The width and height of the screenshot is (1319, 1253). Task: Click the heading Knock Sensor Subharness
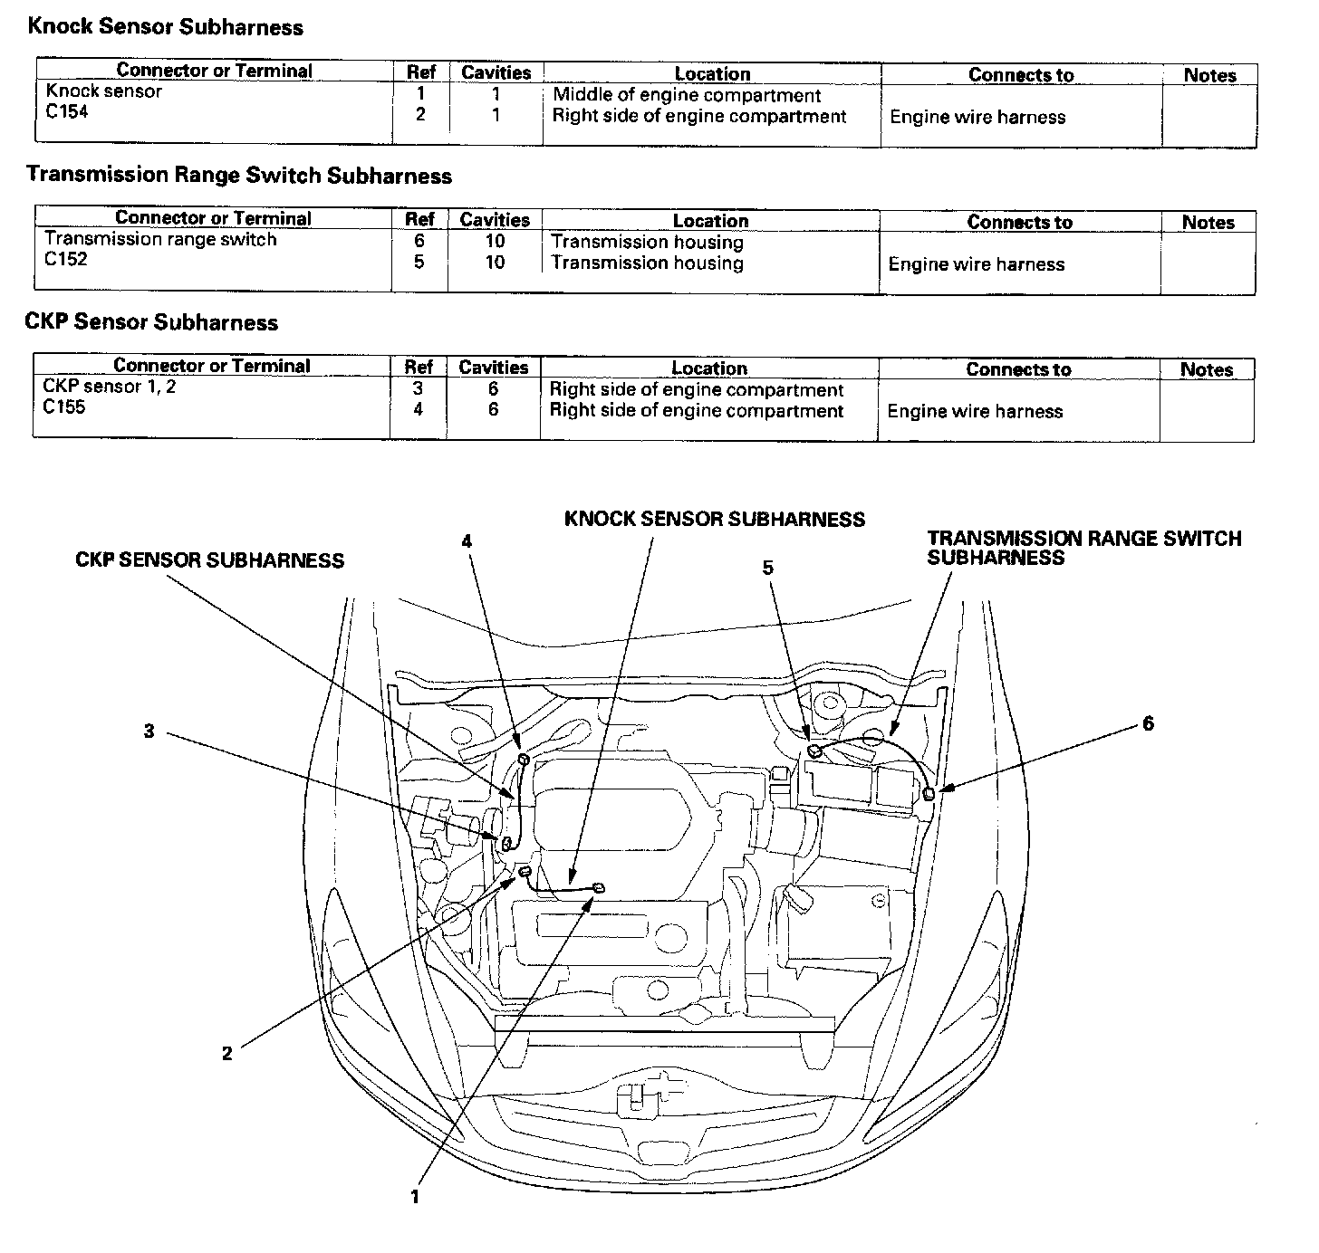point(165,27)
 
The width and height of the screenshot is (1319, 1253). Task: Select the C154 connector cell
point(67,112)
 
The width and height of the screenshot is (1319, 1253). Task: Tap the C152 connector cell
point(65,260)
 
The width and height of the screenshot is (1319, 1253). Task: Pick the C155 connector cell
point(64,407)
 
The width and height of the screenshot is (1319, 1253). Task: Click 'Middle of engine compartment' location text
point(687,95)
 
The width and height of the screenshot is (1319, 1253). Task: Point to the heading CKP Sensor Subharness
point(151,322)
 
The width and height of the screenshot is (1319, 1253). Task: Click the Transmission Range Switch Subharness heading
point(239,175)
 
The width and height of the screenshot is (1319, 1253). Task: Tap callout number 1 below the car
point(415,1197)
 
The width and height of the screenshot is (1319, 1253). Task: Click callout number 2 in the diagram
point(227,1052)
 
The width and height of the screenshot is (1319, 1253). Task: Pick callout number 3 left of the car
point(149,732)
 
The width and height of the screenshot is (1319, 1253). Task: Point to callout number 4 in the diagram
point(467,541)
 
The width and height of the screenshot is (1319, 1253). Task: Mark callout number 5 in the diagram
point(768,568)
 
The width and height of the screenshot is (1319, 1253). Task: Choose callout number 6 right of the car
point(1148,723)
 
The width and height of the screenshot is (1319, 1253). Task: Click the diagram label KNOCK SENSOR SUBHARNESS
point(714,520)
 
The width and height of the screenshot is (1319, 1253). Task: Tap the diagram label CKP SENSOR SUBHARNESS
point(209,561)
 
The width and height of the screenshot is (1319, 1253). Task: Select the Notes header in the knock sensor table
point(1209,75)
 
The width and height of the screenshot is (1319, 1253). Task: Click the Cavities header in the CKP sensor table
point(493,368)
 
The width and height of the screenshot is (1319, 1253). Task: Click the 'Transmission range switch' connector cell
point(160,239)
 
